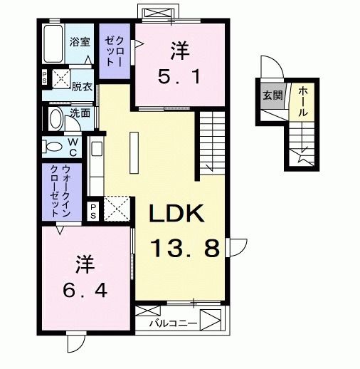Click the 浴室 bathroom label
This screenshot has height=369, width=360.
pos(79,42)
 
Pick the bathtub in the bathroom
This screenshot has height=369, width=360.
pos(52,43)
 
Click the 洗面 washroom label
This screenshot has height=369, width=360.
pos(80,113)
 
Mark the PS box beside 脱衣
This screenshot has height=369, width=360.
pos(45,78)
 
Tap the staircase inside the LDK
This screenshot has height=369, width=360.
pos(211,140)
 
